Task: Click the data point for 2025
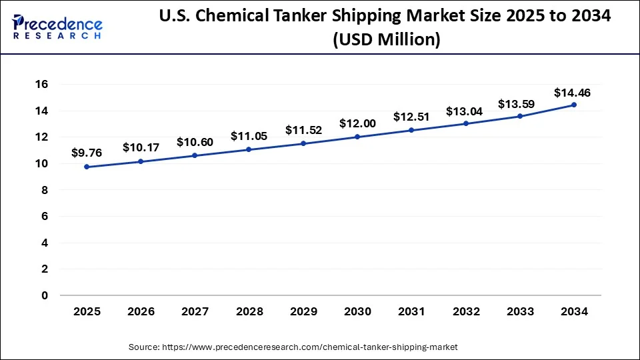click(87, 167)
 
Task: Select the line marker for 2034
click(574, 105)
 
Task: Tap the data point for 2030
click(357, 137)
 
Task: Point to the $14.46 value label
click(572, 93)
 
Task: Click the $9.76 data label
click(87, 152)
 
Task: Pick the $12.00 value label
click(357, 123)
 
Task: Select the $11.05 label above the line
click(249, 136)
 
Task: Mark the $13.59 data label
click(517, 104)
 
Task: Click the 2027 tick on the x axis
click(195, 311)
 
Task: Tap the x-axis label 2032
click(466, 311)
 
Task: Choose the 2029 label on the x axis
click(303, 311)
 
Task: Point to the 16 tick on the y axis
click(41, 85)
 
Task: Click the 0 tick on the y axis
click(45, 295)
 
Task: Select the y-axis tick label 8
click(45, 190)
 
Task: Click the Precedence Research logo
click(57, 27)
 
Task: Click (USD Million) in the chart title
click(386, 41)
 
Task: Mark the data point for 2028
click(249, 149)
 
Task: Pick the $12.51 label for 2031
click(411, 117)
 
